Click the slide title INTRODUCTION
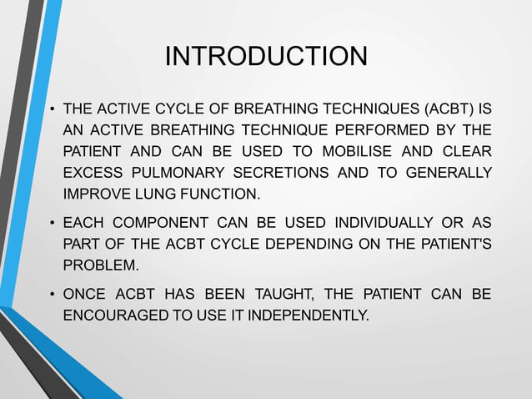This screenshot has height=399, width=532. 266,56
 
